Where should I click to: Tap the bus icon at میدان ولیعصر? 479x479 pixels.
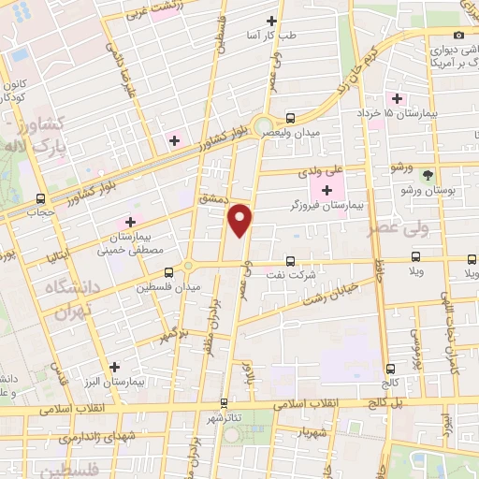click(290, 119)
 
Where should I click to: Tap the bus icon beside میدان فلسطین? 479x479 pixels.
click(168, 272)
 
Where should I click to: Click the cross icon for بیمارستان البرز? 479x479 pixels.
click(115, 368)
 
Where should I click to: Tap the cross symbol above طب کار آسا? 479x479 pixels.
click(272, 21)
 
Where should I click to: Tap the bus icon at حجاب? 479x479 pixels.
click(39, 198)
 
